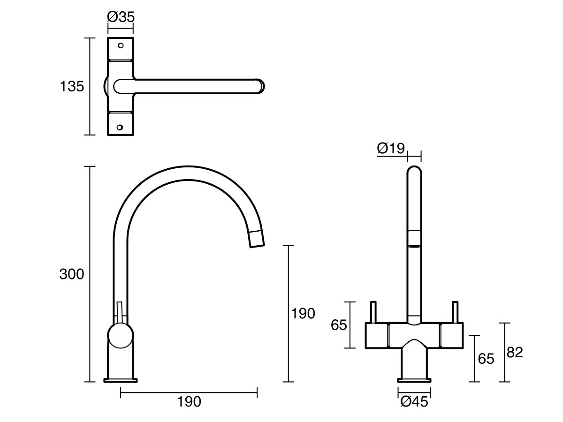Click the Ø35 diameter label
click(x=121, y=17)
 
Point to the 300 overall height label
click(x=71, y=274)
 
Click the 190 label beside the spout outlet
click(x=303, y=314)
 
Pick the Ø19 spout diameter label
click(x=390, y=149)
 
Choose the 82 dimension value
click(x=515, y=352)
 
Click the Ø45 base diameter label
click(x=414, y=402)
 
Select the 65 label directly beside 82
click(x=486, y=359)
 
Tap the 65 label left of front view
click(x=339, y=325)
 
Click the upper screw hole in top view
click(x=121, y=46)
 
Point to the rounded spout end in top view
click(x=259, y=87)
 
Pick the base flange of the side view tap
click(x=121, y=380)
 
